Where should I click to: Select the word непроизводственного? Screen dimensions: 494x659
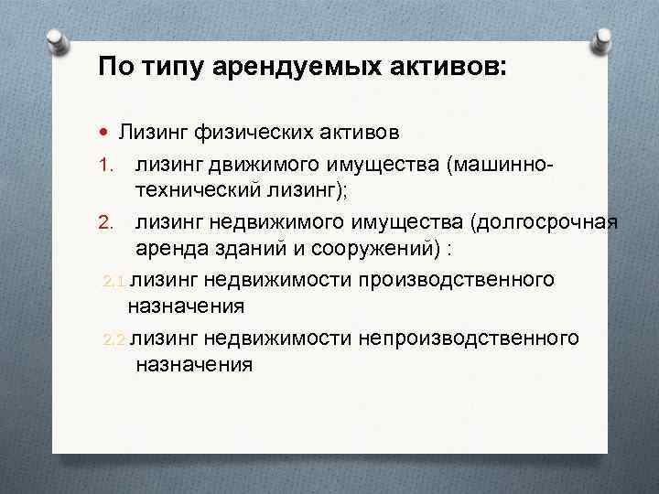(470, 338)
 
